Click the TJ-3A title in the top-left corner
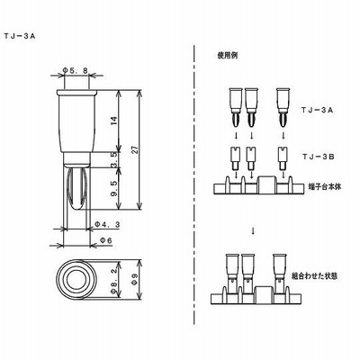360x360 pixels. tap(20, 36)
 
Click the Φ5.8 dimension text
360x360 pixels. tap(76, 71)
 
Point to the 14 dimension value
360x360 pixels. tap(113, 121)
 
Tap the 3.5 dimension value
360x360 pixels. tap(113, 159)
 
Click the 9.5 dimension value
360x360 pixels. tap(113, 189)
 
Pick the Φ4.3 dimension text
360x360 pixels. tap(108, 224)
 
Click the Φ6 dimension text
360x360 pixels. tap(105, 240)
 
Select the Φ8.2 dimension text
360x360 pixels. tap(113, 281)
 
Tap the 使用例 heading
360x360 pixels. tap(227, 56)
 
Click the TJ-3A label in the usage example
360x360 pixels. tap(317, 110)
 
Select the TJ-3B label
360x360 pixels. tap(318, 157)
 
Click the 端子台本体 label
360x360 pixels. tap(325, 186)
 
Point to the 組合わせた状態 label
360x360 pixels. tap(315, 276)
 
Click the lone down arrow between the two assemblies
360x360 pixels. tap(254, 231)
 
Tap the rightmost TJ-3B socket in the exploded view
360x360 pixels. tap(282, 157)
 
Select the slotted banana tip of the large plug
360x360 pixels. tap(76, 189)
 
